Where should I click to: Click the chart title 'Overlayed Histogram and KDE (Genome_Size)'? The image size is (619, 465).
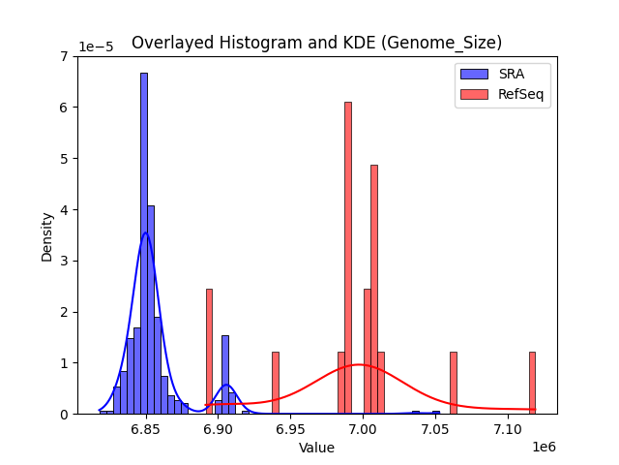(316, 43)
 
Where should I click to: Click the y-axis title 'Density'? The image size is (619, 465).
(46, 235)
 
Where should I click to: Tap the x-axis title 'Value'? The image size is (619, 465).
(316, 448)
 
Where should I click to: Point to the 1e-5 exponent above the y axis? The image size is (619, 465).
(95, 46)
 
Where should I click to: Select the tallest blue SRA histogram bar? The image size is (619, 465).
(144, 242)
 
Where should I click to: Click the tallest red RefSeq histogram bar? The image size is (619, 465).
(348, 257)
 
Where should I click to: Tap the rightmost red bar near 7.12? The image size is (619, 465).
(532, 383)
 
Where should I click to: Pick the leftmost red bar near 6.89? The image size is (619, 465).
(209, 351)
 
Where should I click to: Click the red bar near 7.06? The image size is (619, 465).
(453, 383)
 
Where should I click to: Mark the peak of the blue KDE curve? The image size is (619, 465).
(145, 232)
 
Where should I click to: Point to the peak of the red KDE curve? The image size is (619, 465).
(359, 365)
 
